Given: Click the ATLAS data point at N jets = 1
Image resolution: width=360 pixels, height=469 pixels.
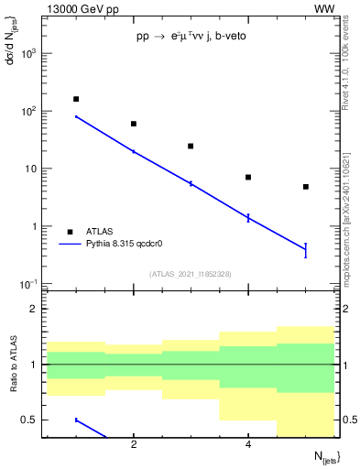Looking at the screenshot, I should click(x=76, y=99).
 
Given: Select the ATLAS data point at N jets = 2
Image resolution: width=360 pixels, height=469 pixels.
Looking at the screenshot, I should click(x=134, y=124).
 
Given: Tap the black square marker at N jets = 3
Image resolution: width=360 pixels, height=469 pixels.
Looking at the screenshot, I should click(x=191, y=146).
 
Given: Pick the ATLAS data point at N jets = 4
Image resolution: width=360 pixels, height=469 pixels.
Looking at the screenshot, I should click(x=248, y=177).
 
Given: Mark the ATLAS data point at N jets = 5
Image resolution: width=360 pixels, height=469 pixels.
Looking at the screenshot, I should click(x=306, y=187).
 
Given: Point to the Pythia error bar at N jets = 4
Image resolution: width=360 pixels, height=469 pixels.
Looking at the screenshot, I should click(x=248, y=217).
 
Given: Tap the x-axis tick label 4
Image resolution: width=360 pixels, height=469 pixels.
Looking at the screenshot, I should click(x=248, y=445).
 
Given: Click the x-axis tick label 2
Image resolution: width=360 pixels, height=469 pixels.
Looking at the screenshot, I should click(x=134, y=445).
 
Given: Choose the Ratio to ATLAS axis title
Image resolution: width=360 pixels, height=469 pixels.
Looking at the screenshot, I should click(x=12, y=365).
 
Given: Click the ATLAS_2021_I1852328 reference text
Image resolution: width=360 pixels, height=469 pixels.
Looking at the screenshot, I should click(x=191, y=274).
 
